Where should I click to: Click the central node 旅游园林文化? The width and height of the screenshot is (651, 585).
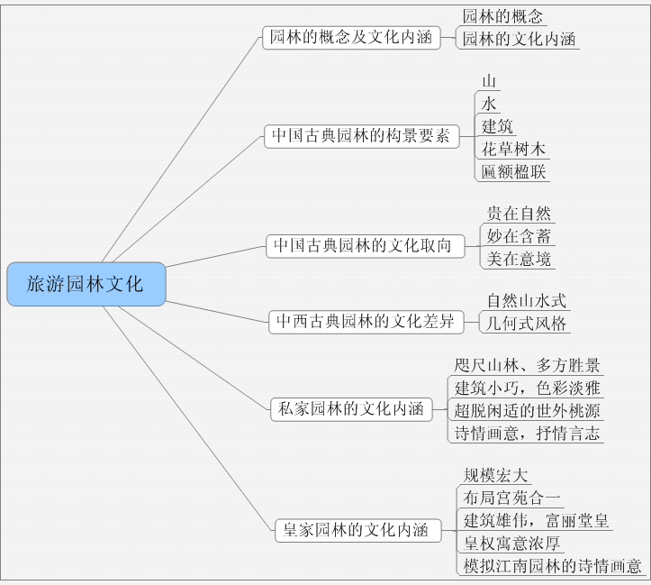[86, 284]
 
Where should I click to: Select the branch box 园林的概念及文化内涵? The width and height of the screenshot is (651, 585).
[351, 38]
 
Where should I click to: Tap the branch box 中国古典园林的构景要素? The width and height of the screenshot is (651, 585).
[360, 136]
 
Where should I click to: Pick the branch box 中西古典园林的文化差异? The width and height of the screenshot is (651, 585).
[365, 321]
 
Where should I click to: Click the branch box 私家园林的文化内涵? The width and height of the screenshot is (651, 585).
[348, 408]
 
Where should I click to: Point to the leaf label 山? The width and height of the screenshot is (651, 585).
[489, 81]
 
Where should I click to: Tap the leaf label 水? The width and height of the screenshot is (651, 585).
[489, 104]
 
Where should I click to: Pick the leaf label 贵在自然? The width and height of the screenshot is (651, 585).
[519, 214]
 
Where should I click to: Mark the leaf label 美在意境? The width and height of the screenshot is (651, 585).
[519, 259]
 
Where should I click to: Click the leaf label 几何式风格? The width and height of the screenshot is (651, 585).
[527, 323]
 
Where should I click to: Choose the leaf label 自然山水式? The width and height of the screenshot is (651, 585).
[527, 300]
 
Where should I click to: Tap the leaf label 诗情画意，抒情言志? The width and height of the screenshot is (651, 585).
[528, 433]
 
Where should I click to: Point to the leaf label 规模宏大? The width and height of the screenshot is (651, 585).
[495, 475]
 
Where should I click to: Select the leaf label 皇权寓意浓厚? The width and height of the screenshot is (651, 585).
[511, 543]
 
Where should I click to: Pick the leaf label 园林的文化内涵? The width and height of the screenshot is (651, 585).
[520, 39]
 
